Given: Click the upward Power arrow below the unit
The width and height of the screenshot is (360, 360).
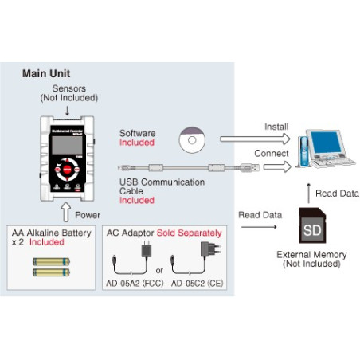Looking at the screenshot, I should tap(65, 213).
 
